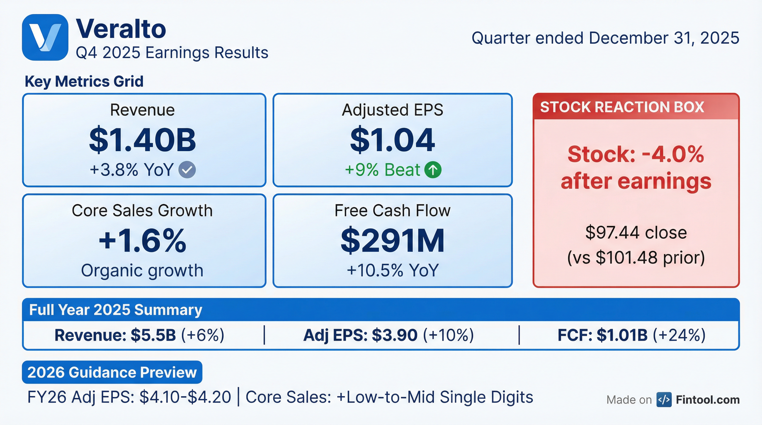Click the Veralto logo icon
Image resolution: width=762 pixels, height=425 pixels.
(45, 37)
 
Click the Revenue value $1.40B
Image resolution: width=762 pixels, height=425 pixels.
(142, 140)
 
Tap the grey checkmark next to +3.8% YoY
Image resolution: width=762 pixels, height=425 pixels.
(187, 170)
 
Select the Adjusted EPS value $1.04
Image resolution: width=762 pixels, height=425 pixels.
(392, 140)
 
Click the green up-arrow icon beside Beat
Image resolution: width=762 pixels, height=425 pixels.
(433, 170)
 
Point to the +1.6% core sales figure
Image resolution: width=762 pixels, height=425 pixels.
(142, 240)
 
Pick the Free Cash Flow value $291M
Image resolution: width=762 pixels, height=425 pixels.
(392, 240)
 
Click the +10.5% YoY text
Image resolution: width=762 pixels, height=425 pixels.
(392, 270)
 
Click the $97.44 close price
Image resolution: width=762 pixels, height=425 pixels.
(636, 233)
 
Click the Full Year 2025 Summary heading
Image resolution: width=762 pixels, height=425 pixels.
(116, 310)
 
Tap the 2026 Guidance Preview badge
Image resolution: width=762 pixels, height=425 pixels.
(112, 372)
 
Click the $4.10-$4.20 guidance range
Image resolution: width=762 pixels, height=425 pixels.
(185, 397)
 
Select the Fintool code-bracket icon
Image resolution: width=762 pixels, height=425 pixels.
(664, 400)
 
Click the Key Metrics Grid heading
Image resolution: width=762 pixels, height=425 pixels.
(84, 81)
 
